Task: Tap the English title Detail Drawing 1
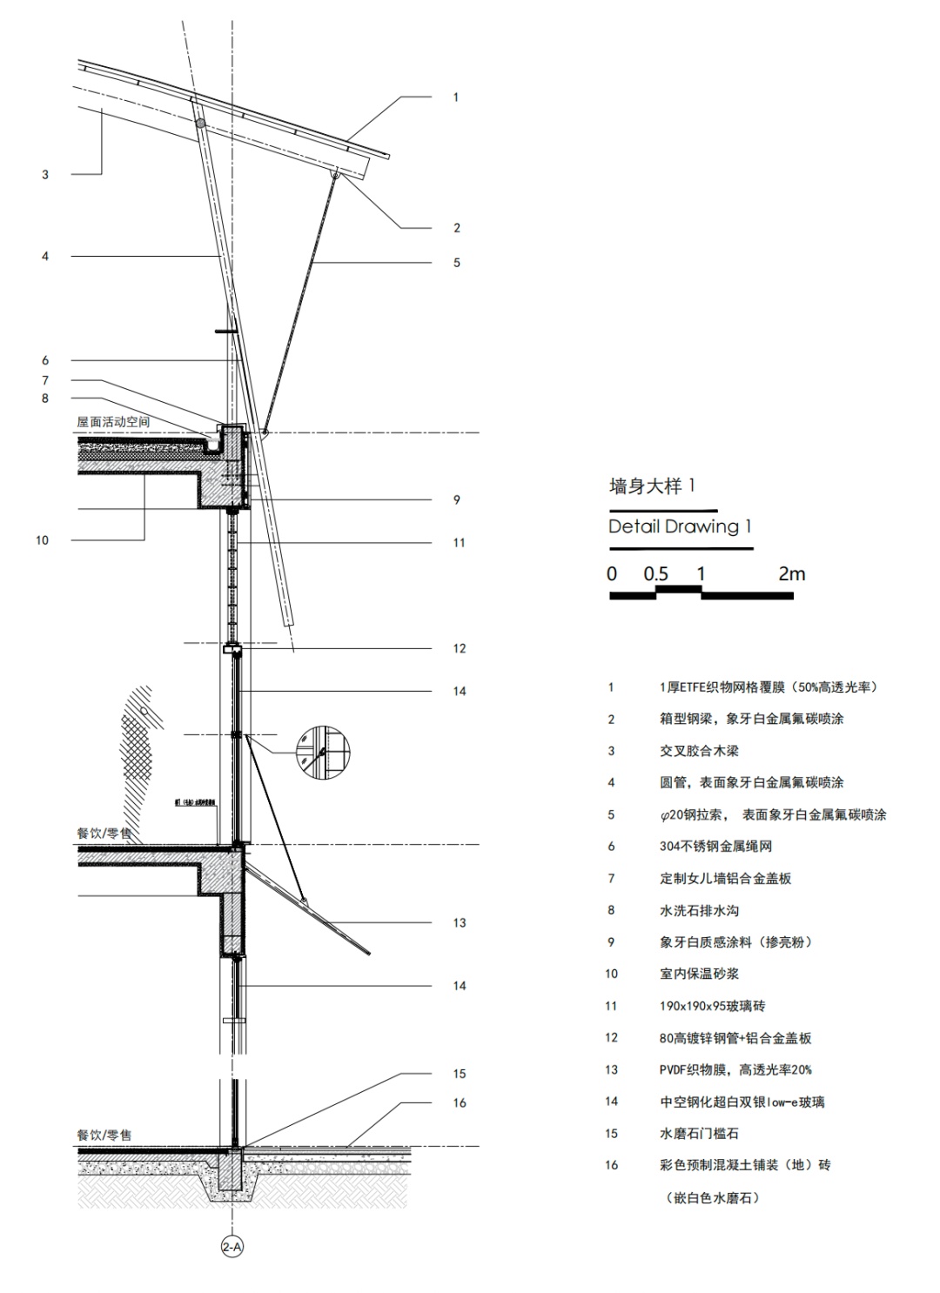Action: pyautogui.click(x=680, y=526)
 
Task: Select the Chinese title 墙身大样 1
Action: pyautogui.click(x=652, y=486)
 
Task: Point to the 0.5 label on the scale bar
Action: pyautogui.click(x=655, y=574)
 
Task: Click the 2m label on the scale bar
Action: pyautogui.click(x=792, y=574)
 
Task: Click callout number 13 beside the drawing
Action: pyautogui.click(x=459, y=923)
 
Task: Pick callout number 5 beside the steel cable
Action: pyautogui.click(x=456, y=263)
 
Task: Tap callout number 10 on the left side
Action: pyautogui.click(x=42, y=540)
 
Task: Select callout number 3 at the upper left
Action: pyautogui.click(x=45, y=175)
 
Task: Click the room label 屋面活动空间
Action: pyautogui.click(x=113, y=422)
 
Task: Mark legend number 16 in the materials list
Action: pyautogui.click(x=612, y=1165)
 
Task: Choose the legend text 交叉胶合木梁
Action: pyautogui.click(x=699, y=751)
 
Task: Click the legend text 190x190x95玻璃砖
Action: pyautogui.click(x=712, y=1006)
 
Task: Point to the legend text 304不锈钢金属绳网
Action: pyautogui.click(x=715, y=847)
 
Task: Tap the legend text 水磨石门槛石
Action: pyautogui.click(x=699, y=1134)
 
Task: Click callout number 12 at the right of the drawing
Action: pyautogui.click(x=459, y=649)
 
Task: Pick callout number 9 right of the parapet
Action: pyautogui.click(x=456, y=500)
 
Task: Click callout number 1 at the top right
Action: pyautogui.click(x=455, y=97)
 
